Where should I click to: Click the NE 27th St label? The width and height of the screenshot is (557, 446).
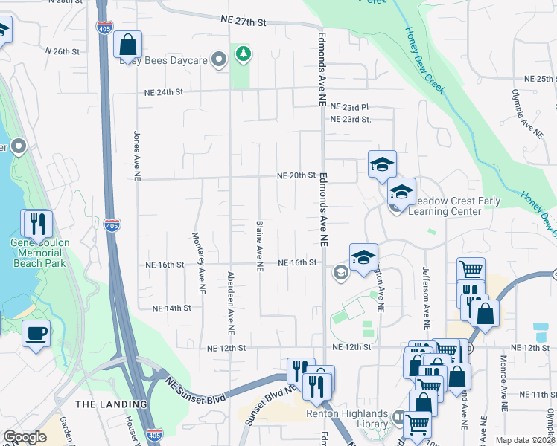coord(243,22)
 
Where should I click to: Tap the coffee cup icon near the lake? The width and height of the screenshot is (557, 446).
coord(36,333)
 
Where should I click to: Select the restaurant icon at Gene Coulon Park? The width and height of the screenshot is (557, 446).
coord(37,223)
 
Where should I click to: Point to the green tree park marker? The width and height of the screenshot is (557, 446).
coord(243,54)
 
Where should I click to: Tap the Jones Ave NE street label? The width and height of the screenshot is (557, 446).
coord(137,156)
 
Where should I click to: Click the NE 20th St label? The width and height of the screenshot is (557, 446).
coord(296,175)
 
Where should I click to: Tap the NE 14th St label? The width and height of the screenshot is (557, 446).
coord(171,308)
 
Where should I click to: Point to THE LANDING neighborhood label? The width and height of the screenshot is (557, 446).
coord(111,404)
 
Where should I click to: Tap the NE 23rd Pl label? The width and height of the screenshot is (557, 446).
coord(350,107)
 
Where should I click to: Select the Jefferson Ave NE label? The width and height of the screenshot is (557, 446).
coord(427,298)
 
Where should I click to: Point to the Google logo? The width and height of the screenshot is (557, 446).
coord(25,437)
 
